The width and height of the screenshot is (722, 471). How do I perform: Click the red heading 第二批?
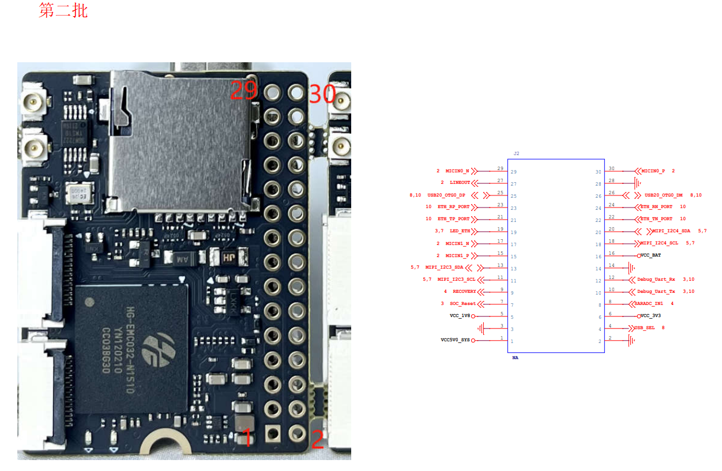pyautogui.click(x=63, y=10)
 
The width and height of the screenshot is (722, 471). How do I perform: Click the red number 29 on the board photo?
pyautogui.click(x=244, y=91)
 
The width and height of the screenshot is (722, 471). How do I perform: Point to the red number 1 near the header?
pyautogui.click(x=247, y=438)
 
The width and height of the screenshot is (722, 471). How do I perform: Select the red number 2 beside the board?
pyautogui.click(x=317, y=439)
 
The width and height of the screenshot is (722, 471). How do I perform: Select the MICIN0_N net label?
pyautogui.click(x=457, y=171)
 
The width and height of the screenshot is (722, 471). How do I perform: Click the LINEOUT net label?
pyautogui.click(x=460, y=183)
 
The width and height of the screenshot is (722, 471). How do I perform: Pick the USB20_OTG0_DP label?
pyautogui.click(x=446, y=195)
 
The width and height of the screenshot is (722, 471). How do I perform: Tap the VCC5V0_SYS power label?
pyautogui.click(x=455, y=340)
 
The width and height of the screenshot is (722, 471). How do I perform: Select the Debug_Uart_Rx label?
pyautogui.click(x=656, y=280)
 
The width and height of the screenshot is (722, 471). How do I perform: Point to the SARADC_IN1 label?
pyautogui.click(x=649, y=303)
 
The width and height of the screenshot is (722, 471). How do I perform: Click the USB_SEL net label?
pyautogui.click(x=645, y=328)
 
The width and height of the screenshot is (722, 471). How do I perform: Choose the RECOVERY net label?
pyautogui.click(x=464, y=292)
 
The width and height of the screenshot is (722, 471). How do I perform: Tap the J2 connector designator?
pyautogui.click(x=516, y=154)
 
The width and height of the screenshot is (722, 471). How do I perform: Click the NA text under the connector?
pyautogui.click(x=515, y=358)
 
